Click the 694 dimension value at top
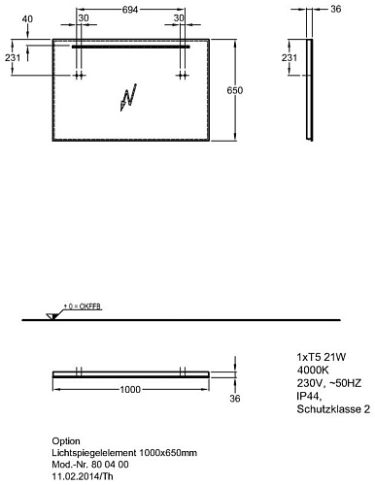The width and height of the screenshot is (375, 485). [x=130, y=10]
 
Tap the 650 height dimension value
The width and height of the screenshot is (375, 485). [x=234, y=90]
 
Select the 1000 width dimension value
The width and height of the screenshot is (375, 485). [x=130, y=390]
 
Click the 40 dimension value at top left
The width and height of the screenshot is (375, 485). [x=27, y=19]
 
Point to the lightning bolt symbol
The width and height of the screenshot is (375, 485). [x=128, y=97]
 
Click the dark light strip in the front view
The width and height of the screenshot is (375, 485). [x=130, y=47]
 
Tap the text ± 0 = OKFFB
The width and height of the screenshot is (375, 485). [x=82, y=306]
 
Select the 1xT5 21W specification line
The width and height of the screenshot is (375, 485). [x=322, y=357]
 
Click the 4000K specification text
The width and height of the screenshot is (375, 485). [x=313, y=370]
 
